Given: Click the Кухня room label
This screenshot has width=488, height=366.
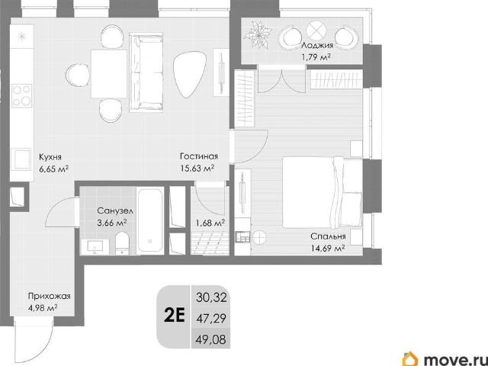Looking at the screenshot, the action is pos(50,156).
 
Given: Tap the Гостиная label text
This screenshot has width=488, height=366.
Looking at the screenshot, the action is pos(199,156).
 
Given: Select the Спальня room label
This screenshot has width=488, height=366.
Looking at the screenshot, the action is pos(328,236).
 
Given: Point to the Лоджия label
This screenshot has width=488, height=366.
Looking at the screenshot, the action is pos(317,46).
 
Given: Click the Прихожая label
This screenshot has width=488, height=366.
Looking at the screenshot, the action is pos(49,296).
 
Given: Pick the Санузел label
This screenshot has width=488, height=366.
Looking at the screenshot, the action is pos(115,211).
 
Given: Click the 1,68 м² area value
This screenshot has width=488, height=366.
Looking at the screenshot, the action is pos(210,223).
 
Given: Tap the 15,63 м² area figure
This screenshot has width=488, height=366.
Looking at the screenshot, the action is pos(197,168).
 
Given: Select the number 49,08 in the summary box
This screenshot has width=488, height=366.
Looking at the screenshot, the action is pos(211,339).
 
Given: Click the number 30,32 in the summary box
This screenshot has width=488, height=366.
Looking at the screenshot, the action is pos(211,298).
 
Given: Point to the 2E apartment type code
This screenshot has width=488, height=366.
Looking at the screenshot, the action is pos(175,316).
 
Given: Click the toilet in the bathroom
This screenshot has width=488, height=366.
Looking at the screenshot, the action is pos(122,243).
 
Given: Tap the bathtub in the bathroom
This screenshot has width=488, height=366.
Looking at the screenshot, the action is pos(150,220).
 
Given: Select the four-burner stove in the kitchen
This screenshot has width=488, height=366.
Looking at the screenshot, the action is pos(22,95).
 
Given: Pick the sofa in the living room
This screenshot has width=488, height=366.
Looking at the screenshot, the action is pos(146,72).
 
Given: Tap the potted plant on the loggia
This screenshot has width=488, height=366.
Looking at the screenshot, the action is pos(258,34).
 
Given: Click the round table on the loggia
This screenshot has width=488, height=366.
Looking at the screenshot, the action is pos(316,30).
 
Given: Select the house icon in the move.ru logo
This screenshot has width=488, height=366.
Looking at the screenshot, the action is pos(411,358).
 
